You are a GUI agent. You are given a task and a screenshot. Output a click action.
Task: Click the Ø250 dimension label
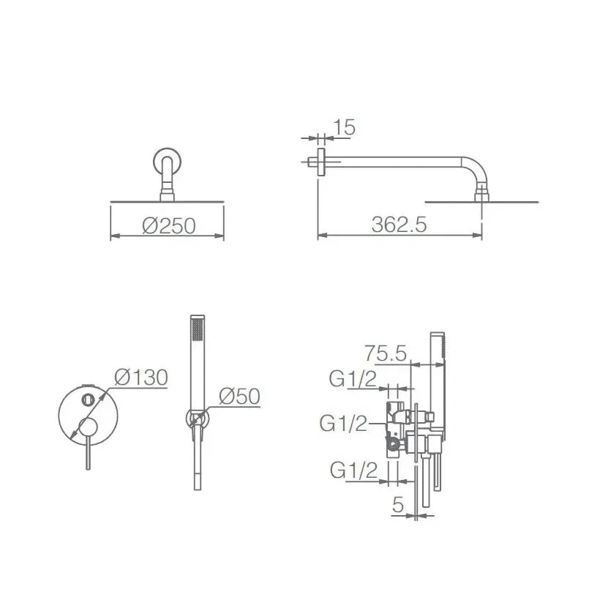(169, 226)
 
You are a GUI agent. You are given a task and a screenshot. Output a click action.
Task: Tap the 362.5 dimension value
(399, 225)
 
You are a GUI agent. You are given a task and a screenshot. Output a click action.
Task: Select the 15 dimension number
(345, 127)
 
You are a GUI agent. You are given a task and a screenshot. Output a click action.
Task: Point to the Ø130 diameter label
(141, 378)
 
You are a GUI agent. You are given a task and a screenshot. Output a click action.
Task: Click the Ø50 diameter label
(239, 396)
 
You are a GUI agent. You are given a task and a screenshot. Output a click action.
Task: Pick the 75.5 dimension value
(386, 353)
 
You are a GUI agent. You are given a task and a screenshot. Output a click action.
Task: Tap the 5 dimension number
(398, 505)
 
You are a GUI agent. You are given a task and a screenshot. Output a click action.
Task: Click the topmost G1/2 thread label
(353, 380)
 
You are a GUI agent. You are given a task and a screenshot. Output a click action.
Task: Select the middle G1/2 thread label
(343, 424)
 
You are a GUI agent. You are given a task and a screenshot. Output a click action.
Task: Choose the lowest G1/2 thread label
(353, 470)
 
